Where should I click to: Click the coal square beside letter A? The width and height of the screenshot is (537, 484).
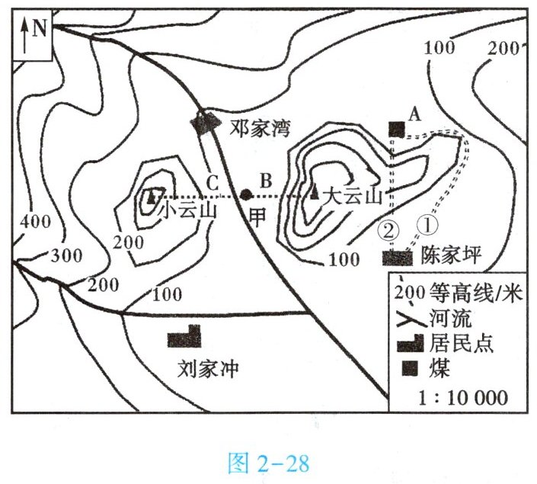coord(395,129)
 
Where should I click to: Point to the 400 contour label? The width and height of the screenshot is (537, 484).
coord(36,223)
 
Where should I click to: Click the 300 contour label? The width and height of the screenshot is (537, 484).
coord(66,255)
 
